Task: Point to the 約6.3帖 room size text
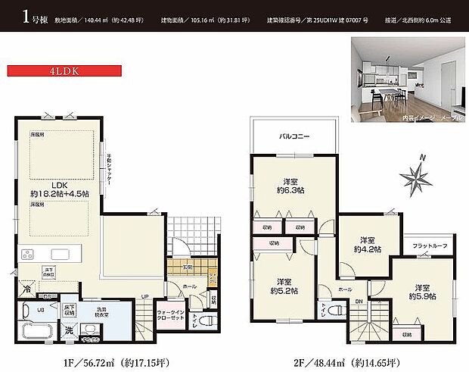291,190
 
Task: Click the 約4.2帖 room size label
368,248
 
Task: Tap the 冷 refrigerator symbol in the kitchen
28,289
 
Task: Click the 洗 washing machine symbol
70,330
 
